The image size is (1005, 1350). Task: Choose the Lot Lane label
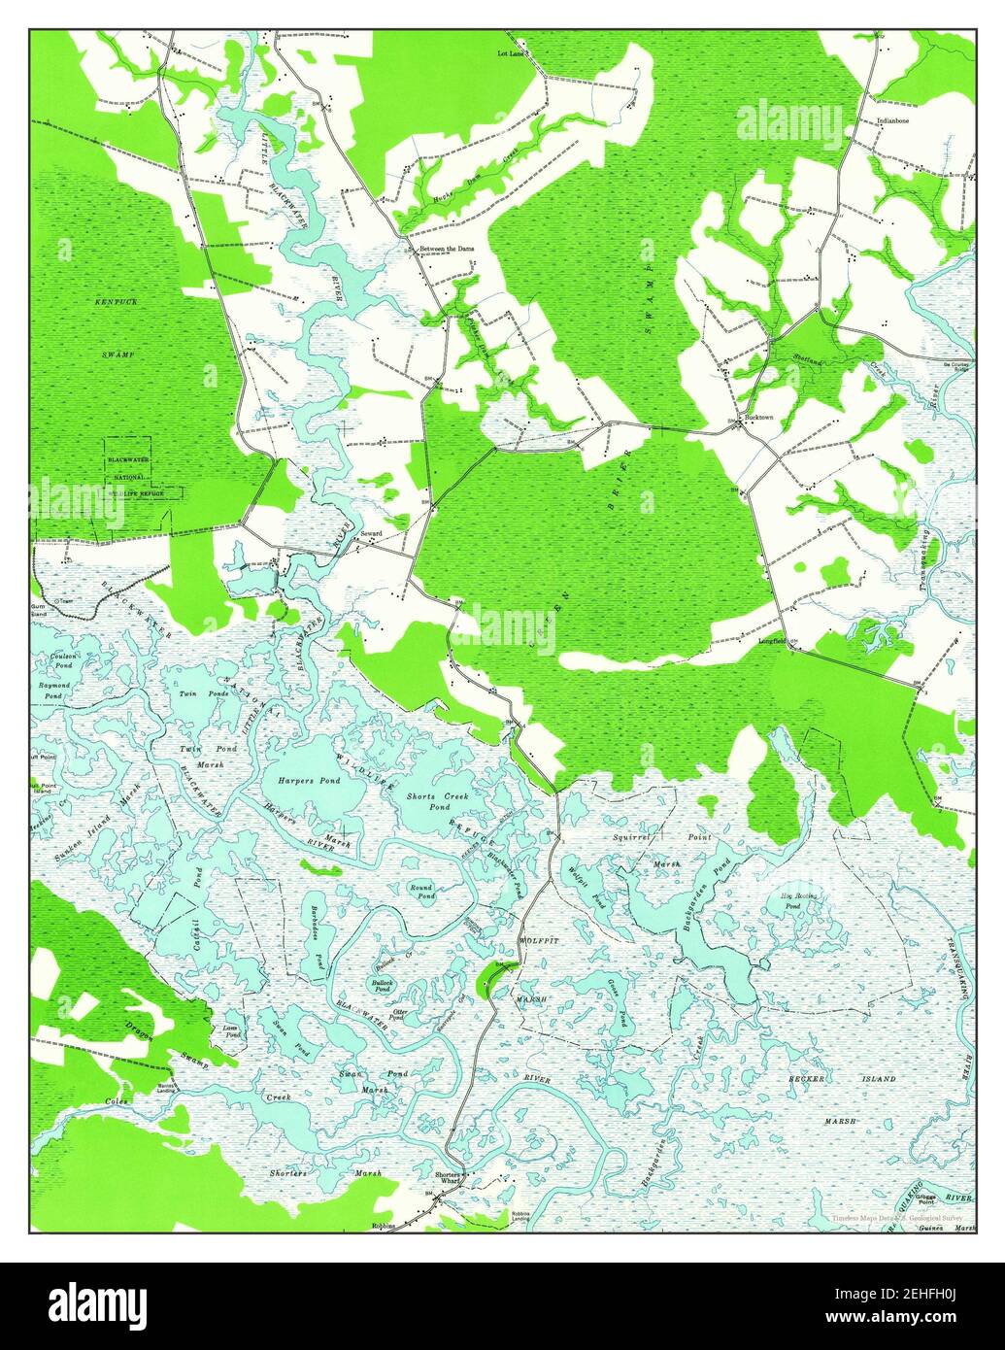[511, 54]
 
